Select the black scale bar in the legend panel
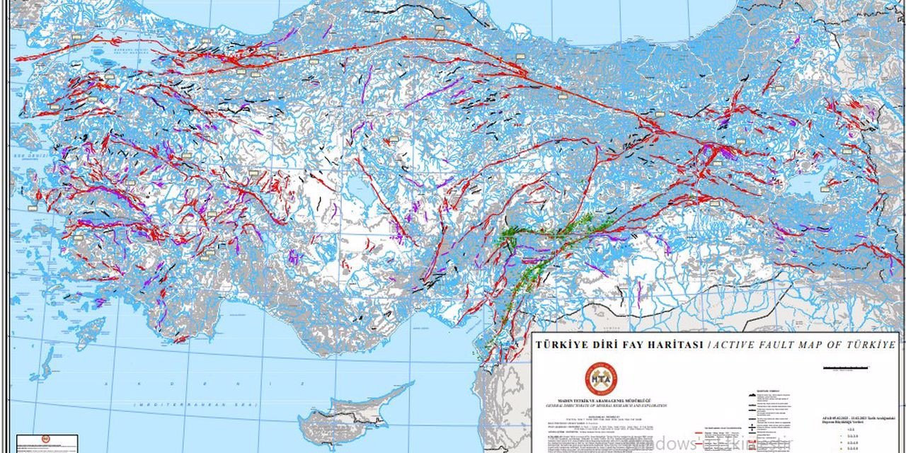pyautogui.click(x=845, y=367)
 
